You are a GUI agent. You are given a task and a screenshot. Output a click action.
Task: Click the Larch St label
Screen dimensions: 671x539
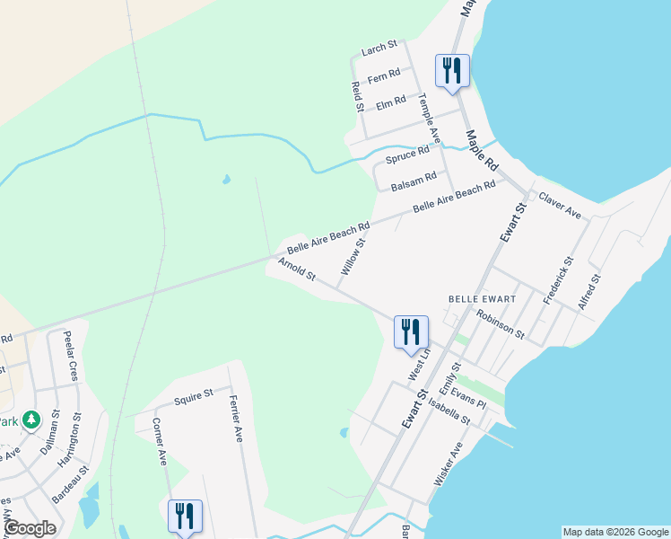pos(379,49)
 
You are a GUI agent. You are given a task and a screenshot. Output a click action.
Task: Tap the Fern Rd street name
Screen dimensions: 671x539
pos(383,78)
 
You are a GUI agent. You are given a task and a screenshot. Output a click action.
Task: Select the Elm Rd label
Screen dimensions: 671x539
pos(391,104)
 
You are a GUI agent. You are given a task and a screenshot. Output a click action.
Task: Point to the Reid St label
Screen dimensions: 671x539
pos(357,96)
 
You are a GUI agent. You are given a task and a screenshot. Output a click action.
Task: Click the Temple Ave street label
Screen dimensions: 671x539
pos(429,121)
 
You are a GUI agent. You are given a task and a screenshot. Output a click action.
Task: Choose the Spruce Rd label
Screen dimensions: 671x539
pos(407,155)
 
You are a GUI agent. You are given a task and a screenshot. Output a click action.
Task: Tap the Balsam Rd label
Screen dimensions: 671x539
pos(414,180)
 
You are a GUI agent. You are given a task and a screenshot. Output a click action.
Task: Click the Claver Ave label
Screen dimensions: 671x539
pos(560,205)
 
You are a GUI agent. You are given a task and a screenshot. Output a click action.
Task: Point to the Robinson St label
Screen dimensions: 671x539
pos(501,323)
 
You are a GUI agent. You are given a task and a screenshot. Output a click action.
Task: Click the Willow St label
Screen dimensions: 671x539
pos(353,256)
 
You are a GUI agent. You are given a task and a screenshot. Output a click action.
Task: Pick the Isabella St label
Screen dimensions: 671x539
pos(449,412)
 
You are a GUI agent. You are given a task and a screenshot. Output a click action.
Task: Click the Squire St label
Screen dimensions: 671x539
pos(193,394)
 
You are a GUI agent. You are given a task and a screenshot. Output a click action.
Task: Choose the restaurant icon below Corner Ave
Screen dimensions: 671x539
pos(185,516)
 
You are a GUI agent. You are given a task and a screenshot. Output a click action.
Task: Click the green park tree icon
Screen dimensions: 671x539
pos(31,420)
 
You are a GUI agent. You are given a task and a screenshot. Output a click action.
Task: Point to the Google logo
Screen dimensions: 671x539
pos(30,528)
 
